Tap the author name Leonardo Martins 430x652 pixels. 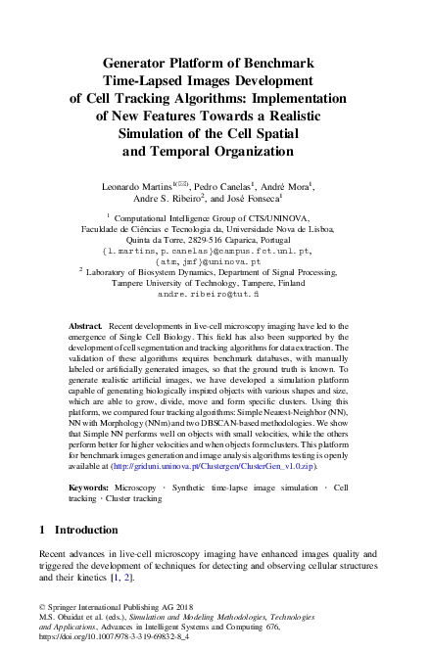point(134,185)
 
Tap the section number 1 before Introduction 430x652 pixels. point(43,530)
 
